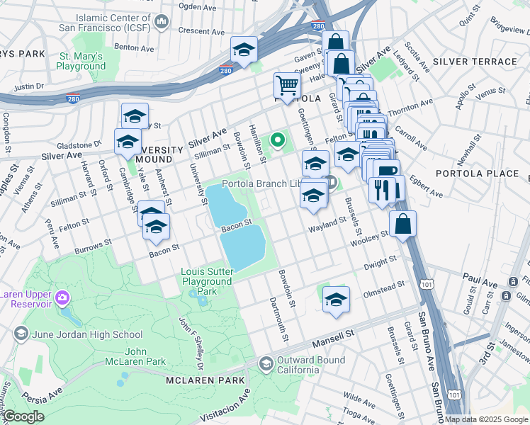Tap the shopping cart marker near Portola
(x=287, y=86)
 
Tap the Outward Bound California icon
(x=266, y=364)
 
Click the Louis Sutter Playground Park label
(x=206, y=281)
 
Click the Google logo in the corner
(x=23, y=416)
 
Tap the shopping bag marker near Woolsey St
(x=402, y=224)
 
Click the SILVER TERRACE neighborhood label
(x=475, y=62)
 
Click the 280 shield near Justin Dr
(x=72, y=98)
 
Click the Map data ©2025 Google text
(x=486, y=419)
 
